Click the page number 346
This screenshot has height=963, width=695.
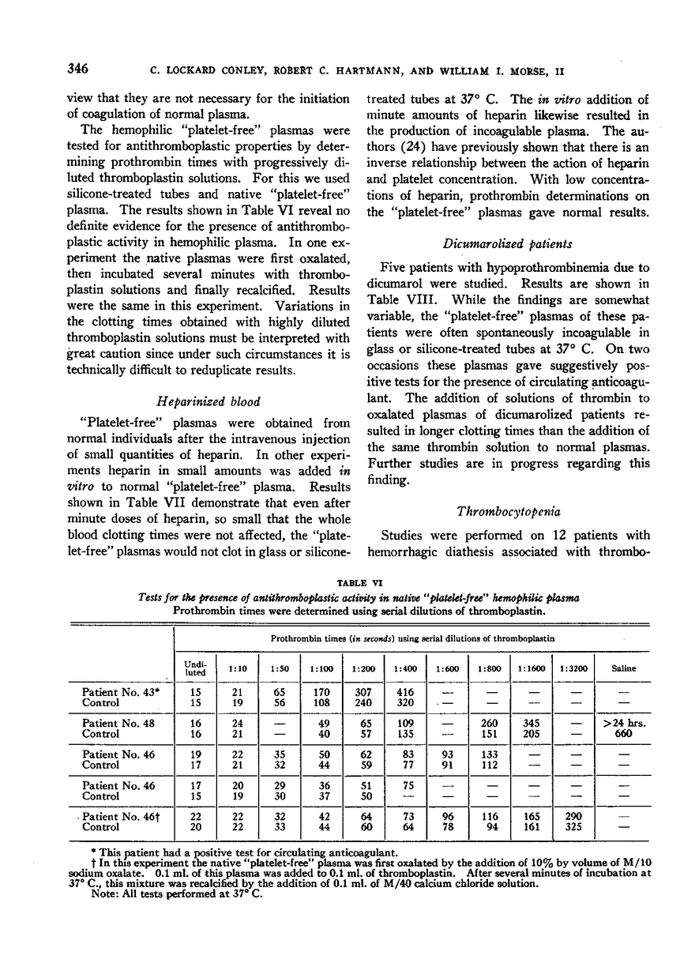(x=77, y=69)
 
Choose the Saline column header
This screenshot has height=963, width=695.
(x=623, y=668)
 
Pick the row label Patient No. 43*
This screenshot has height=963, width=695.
(x=116, y=692)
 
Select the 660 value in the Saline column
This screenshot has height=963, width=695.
(x=624, y=733)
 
